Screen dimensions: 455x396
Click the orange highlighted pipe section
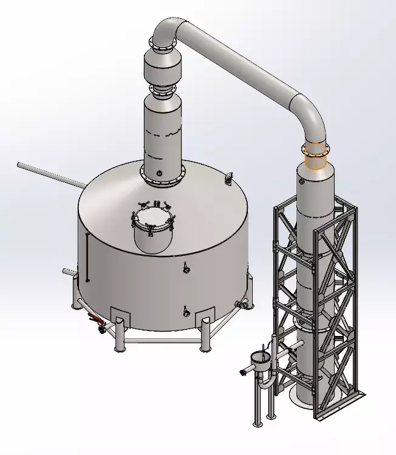point(315,156)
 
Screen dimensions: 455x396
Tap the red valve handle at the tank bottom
point(94,318)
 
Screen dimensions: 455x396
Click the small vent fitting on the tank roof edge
point(230,177)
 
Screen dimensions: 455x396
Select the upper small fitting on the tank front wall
point(186,265)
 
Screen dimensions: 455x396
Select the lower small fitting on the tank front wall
point(186,312)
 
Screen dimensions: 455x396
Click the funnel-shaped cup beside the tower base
point(262,364)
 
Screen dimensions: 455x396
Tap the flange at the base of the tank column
point(163,177)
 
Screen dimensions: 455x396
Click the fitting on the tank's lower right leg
point(244,304)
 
